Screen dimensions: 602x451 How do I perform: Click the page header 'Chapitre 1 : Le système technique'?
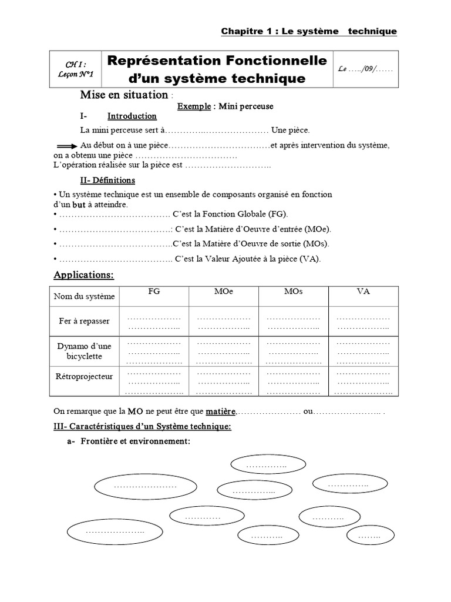click(x=308, y=31)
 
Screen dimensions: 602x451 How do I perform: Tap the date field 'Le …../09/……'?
click(x=366, y=69)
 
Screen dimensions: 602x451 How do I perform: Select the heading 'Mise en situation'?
click(x=123, y=95)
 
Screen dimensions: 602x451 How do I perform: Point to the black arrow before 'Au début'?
click(x=66, y=145)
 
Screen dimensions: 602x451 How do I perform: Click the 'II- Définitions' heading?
click(x=107, y=180)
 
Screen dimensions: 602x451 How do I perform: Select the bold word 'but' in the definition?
click(x=79, y=205)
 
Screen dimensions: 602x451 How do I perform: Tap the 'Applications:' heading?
click(x=83, y=275)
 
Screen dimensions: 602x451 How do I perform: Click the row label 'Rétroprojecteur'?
click(x=84, y=376)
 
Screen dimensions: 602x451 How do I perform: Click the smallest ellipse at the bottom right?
click(x=369, y=536)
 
